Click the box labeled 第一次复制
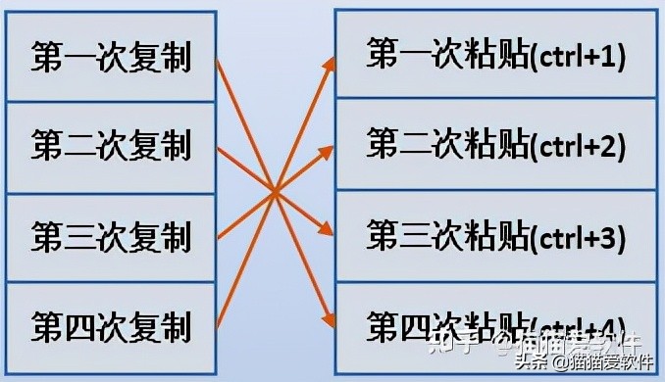tap(110, 57)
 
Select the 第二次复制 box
tap(110, 148)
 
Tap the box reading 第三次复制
tap(110, 238)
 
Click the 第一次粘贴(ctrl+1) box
tap(495, 55)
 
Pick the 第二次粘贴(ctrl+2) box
tap(495, 145)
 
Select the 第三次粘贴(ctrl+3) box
tap(495, 235)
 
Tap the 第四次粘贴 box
tap(495, 323)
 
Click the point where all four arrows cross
tap(276, 189)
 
